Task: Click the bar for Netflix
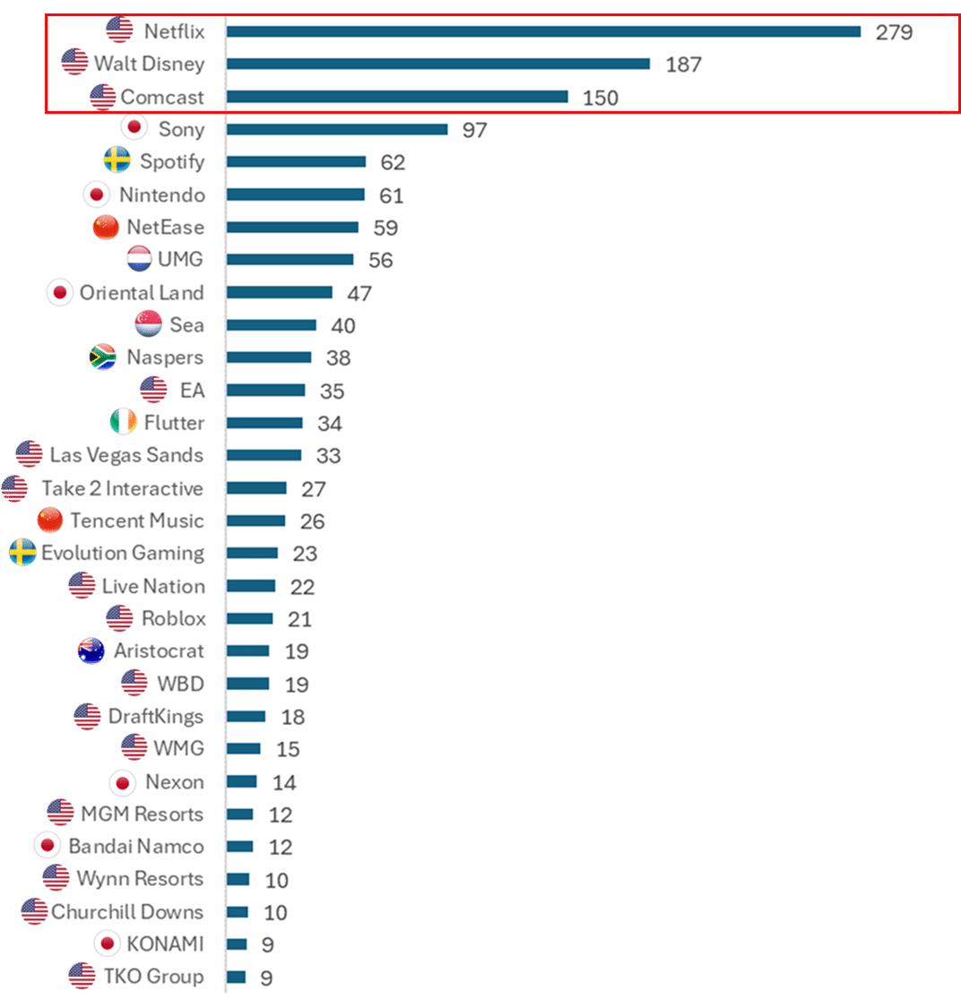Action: [x=543, y=31]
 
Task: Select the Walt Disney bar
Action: [x=437, y=64]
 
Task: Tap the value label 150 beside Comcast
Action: [x=600, y=98]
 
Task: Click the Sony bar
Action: [x=336, y=129]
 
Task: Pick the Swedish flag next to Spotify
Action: [x=117, y=161]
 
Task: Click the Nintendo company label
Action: [x=161, y=194]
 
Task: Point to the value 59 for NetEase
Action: [x=385, y=228]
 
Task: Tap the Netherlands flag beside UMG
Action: [x=140, y=260]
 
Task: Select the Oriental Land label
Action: [x=142, y=293]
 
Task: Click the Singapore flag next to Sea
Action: [x=149, y=324]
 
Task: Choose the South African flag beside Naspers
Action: [x=103, y=358]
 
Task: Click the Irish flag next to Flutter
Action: [x=123, y=422]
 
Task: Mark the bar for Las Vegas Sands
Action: [x=264, y=455]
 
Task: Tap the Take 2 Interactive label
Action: [x=122, y=488]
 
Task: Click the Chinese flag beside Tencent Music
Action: [x=50, y=521]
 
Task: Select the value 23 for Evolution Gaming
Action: [x=305, y=554]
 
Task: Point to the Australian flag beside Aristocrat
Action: [x=91, y=650]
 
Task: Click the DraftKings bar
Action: [x=246, y=716]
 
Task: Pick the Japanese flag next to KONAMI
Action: [x=108, y=943]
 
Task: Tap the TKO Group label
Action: [x=153, y=976]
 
